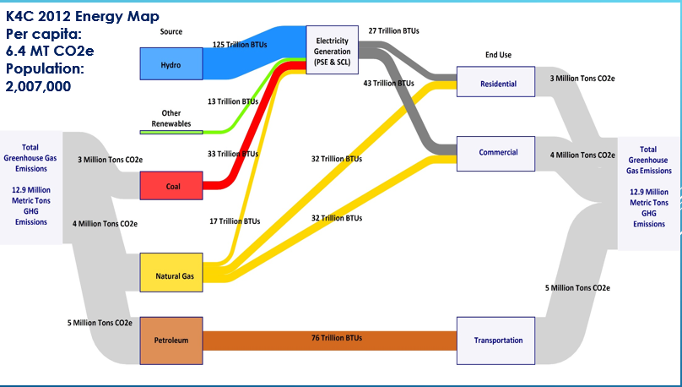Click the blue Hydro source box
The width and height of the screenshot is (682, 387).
point(170,63)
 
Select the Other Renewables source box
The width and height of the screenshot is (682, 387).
point(170,120)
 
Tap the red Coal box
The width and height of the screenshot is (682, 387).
point(170,185)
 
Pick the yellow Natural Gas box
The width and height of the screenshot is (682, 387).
point(170,274)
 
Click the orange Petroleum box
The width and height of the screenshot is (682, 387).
point(170,340)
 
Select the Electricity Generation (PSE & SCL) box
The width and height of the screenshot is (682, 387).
point(338,52)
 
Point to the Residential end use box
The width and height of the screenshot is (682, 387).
point(497,84)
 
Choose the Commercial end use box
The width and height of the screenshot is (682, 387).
point(497,153)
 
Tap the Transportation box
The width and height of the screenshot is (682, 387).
point(497,340)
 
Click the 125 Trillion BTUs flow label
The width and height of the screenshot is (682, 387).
point(241,44)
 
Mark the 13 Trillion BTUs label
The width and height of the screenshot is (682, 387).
point(233,101)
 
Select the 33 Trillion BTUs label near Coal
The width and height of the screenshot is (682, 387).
point(233,155)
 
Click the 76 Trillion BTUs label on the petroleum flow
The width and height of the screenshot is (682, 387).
point(336,338)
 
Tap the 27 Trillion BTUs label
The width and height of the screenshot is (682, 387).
point(394,30)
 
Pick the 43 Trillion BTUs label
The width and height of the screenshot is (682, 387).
point(388,84)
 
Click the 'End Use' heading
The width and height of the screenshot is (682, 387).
point(498,55)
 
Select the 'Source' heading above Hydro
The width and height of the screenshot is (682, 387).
point(170,32)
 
